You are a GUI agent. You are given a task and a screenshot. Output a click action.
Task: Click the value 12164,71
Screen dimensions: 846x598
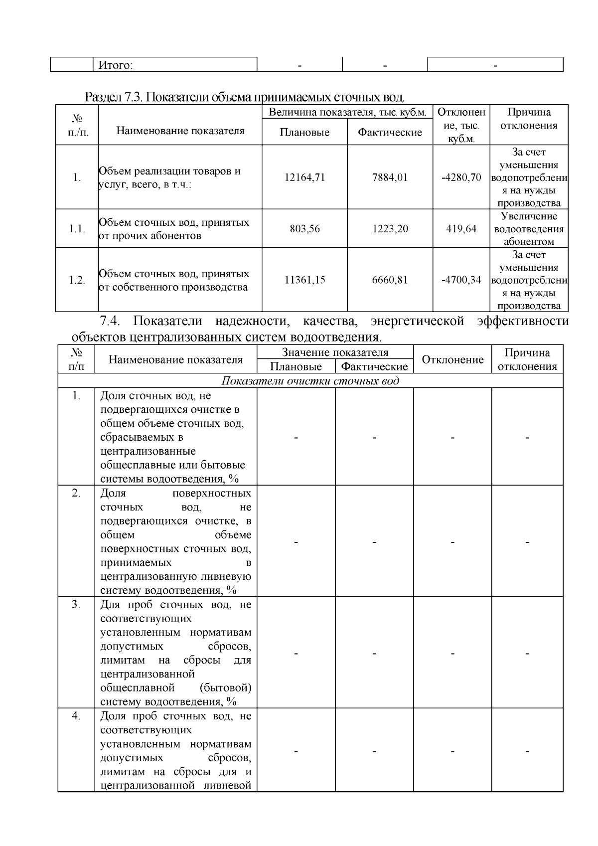coord(304,177)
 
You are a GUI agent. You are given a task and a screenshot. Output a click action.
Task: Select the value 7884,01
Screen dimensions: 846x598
coord(390,177)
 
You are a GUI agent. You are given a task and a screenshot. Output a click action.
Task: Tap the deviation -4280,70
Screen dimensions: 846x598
coord(461,177)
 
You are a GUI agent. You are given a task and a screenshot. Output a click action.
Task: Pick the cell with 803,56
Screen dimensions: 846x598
coord(304,229)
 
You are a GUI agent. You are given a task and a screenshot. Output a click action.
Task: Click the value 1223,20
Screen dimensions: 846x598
coord(390,229)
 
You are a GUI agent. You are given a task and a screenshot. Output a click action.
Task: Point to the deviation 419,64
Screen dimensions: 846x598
coord(461,229)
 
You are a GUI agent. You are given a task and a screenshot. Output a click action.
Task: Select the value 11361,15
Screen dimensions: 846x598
coord(304,280)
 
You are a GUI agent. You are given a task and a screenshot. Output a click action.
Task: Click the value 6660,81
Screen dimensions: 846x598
coord(390,280)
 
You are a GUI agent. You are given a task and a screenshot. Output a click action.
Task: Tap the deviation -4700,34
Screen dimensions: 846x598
coord(461,280)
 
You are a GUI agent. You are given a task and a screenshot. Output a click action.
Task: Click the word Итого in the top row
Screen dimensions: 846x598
coord(115,65)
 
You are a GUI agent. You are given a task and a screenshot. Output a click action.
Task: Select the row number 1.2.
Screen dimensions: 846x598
coord(77,280)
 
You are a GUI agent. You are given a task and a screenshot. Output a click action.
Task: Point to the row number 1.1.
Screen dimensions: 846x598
coord(77,229)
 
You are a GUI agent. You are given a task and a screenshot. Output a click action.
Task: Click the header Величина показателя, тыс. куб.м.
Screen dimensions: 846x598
coord(347,112)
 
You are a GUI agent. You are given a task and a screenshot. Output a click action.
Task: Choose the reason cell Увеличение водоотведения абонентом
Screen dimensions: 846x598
coord(529,229)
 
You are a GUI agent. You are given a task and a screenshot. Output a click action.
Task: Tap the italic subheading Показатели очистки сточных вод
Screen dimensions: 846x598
coord(310,381)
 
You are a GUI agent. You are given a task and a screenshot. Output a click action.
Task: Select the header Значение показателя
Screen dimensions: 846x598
coord(335,353)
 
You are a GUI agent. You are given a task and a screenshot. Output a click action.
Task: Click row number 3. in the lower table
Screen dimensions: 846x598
coord(76,604)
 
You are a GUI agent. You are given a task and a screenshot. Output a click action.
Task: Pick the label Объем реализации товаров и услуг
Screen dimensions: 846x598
coord(169,177)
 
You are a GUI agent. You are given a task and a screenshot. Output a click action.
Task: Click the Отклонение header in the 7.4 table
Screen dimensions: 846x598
coord(452,359)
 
